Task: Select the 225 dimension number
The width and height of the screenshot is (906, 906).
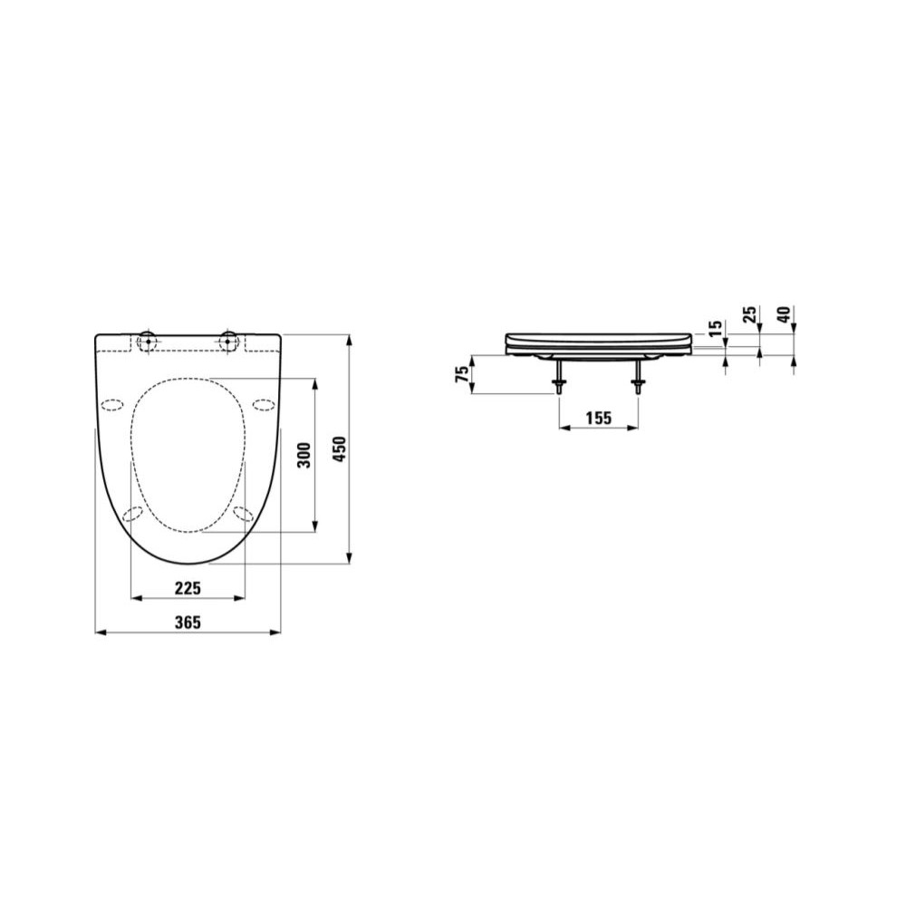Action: (188, 588)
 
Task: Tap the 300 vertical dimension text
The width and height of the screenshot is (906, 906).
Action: (304, 456)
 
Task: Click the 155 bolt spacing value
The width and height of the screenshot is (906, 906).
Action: (599, 417)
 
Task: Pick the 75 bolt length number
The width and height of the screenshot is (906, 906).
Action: (462, 374)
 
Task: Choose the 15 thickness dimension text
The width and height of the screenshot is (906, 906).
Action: (716, 329)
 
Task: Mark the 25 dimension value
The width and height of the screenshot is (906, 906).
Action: (749, 315)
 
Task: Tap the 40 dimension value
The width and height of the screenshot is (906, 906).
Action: (784, 315)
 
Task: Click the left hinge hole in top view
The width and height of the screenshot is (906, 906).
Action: (148, 341)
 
